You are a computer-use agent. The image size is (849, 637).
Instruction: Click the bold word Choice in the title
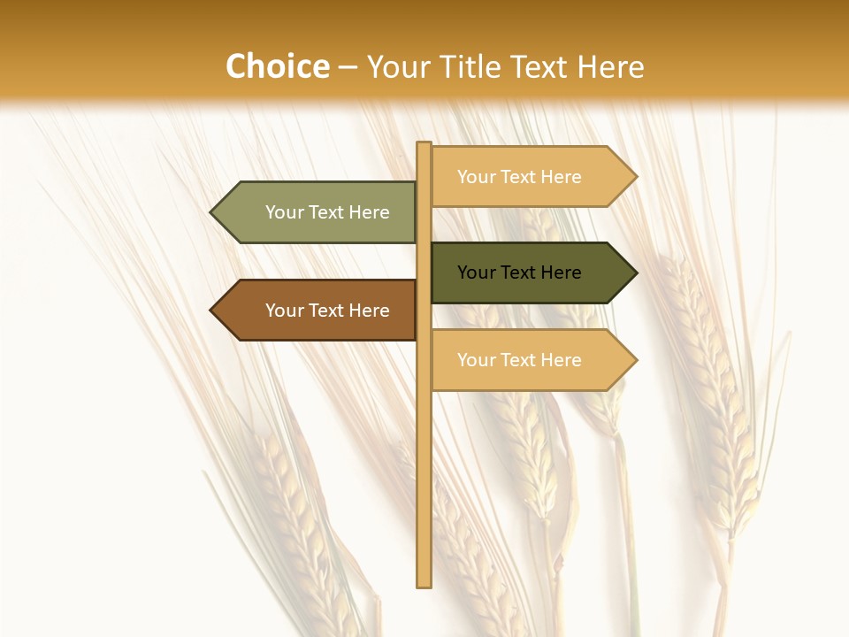point(277,67)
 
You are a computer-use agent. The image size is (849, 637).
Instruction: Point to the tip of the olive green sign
point(212,212)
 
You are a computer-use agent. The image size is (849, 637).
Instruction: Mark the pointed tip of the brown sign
point(212,311)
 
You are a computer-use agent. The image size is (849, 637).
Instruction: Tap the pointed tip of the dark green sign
point(635,272)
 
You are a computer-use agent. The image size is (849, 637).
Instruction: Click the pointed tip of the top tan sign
point(635,177)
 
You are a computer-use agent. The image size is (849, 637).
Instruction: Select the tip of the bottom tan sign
point(635,360)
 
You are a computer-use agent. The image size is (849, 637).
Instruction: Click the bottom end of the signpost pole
point(424,584)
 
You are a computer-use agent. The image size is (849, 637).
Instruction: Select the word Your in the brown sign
point(285,311)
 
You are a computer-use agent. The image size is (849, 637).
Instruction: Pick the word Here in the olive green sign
point(369,212)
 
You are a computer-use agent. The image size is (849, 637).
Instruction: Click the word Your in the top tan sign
point(476,177)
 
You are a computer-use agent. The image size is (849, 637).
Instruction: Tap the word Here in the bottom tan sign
point(561,360)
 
